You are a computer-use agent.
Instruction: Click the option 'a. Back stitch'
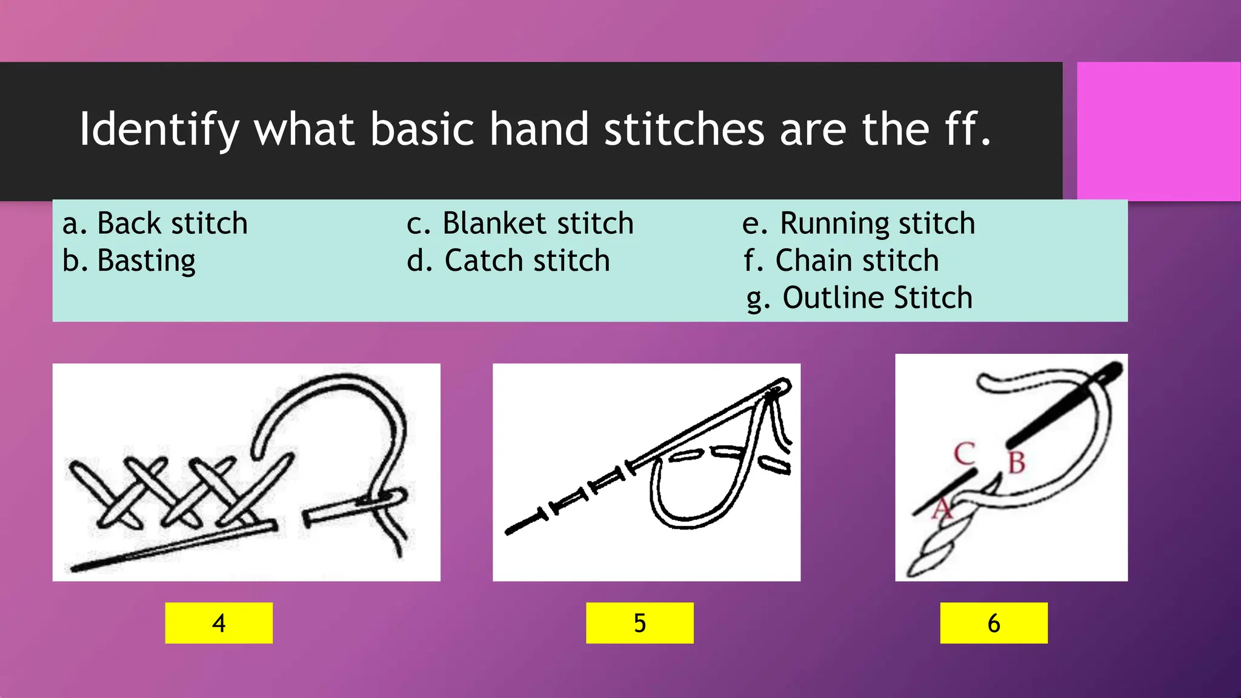[155, 224]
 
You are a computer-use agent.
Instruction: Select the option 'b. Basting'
[129, 261]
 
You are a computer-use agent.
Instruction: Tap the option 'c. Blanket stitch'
[520, 224]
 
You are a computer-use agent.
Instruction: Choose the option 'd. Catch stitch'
[508, 261]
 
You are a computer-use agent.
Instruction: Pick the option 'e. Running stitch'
[859, 224]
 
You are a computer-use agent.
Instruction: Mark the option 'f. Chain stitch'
[841, 261]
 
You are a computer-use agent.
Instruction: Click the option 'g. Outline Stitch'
[859, 298]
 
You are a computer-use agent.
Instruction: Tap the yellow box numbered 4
[219, 623]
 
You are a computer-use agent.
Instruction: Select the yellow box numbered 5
[639, 623]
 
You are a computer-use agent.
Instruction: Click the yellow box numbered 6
[994, 623]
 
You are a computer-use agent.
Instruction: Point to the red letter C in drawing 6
[964, 454]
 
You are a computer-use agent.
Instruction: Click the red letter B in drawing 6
[1016, 464]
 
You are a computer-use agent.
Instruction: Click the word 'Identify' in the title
[159, 130]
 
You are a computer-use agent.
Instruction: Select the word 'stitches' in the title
[684, 129]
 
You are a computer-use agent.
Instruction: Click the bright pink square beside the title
[1158, 131]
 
